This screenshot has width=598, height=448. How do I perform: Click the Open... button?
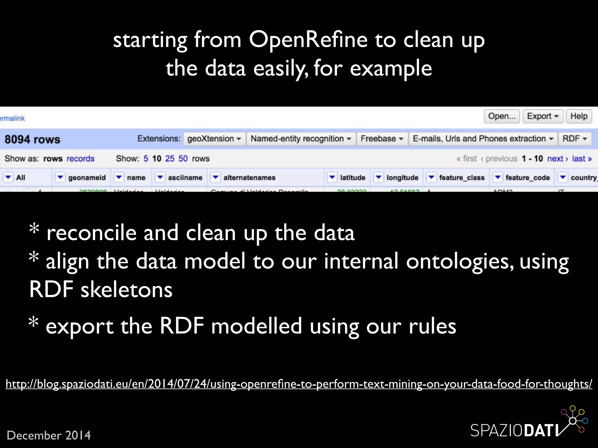tap(502, 116)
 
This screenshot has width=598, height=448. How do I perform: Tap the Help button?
tap(579, 116)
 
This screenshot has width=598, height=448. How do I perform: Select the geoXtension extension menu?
tap(214, 139)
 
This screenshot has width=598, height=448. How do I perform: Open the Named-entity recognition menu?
tap(301, 139)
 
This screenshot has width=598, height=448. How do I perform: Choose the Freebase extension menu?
tap(382, 139)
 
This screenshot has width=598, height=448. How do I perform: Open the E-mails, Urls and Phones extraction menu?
tap(483, 139)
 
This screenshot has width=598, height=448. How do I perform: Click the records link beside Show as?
tap(81, 159)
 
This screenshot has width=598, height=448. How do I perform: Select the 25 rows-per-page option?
tap(170, 159)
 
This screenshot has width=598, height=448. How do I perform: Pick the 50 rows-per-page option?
tap(183, 159)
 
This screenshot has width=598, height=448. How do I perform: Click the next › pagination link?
tap(557, 159)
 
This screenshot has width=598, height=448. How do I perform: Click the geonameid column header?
tap(87, 178)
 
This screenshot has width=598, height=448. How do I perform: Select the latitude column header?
tap(352, 178)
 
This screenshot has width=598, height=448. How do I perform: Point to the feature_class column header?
tap(462, 178)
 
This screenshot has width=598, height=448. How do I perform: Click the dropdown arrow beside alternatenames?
tap(215, 177)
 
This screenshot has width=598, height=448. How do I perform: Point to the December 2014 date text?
tap(49, 435)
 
